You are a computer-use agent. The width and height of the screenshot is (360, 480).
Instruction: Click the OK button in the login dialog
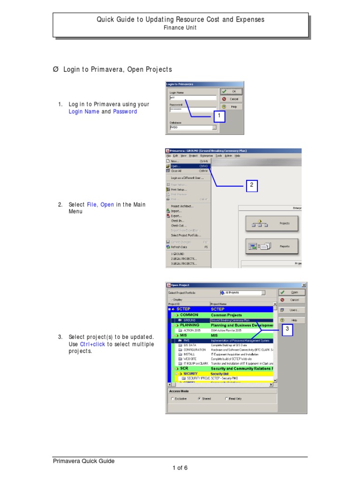[x=232, y=91]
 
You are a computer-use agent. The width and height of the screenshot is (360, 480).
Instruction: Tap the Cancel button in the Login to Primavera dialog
[x=232, y=99]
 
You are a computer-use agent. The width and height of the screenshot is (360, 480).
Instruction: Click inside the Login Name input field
[x=193, y=98]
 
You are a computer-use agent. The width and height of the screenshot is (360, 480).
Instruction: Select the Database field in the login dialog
[x=193, y=127]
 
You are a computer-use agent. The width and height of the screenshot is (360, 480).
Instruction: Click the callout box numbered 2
[x=251, y=185]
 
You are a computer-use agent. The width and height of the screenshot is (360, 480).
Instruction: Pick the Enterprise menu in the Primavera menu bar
[x=206, y=156]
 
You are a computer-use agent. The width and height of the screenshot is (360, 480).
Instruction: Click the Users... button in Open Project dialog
[x=292, y=310]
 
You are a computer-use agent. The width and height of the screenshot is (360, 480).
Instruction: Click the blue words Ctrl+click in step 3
[x=93, y=344]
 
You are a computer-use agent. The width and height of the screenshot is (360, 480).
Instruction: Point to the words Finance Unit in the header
[x=180, y=28]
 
